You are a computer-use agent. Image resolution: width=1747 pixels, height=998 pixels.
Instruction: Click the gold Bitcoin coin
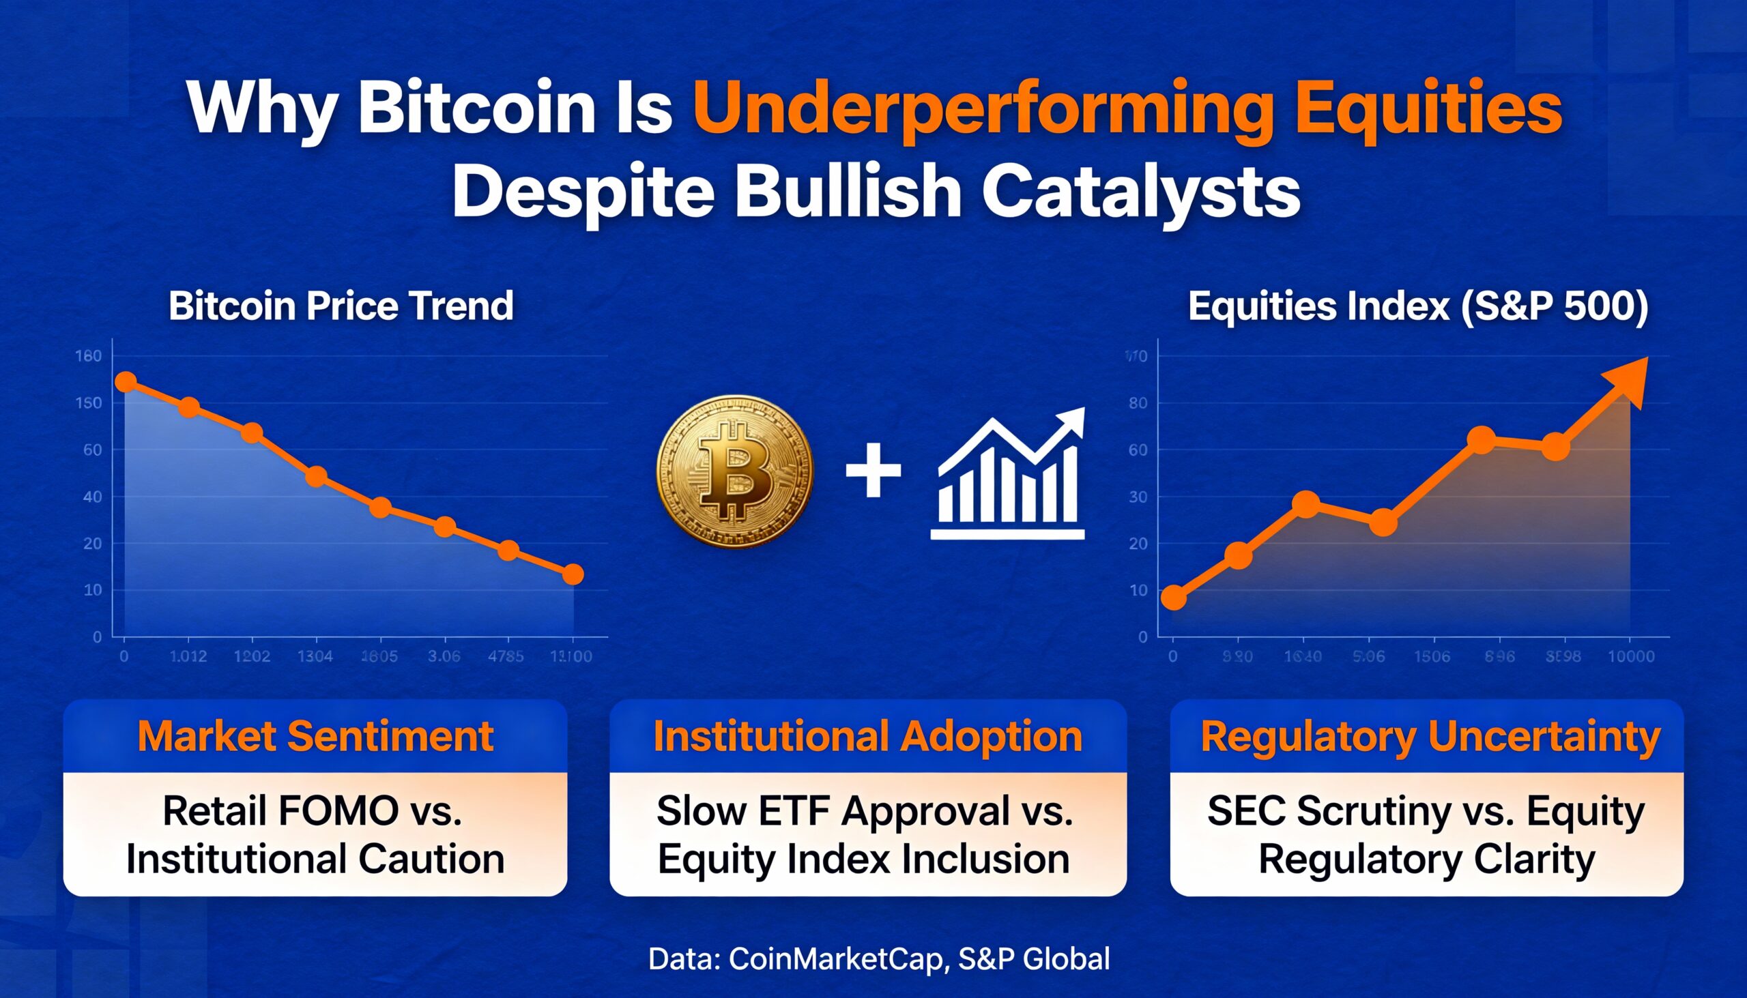pyautogui.click(x=735, y=471)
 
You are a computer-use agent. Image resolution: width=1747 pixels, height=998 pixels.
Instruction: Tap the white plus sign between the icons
pyautogui.click(x=873, y=470)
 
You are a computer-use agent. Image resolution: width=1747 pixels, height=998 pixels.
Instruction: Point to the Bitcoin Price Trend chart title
pyautogui.click(x=341, y=306)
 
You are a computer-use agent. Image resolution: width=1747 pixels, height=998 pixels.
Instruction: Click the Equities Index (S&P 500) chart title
pyautogui.click(x=1418, y=306)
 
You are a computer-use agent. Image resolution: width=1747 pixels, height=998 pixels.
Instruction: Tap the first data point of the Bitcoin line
pyautogui.click(x=126, y=382)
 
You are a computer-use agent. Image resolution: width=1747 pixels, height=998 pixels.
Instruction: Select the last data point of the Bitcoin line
pyautogui.click(x=573, y=574)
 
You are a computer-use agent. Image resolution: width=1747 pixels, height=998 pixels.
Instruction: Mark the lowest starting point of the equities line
pyautogui.click(x=1174, y=598)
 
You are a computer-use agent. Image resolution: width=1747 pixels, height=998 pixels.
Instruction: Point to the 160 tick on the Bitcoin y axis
pyautogui.click(x=89, y=355)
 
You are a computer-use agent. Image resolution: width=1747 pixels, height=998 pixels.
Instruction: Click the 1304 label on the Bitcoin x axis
pyautogui.click(x=315, y=657)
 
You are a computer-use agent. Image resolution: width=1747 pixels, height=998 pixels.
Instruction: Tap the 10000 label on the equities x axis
pyautogui.click(x=1630, y=657)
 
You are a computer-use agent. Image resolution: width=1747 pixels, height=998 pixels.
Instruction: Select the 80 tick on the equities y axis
pyautogui.click(x=1138, y=403)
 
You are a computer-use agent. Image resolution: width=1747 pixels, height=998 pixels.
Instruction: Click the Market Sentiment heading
pyautogui.click(x=315, y=737)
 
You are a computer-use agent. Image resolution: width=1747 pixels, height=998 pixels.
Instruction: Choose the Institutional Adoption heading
pyautogui.click(x=867, y=737)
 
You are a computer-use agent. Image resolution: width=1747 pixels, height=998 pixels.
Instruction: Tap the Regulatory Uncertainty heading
pyautogui.click(x=1430, y=737)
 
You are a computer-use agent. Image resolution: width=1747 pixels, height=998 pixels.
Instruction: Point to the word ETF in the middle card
pyautogui.click(x=794, y=811)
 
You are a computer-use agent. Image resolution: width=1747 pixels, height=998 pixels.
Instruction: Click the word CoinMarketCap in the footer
pyautogui.click(x=836, y=958)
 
